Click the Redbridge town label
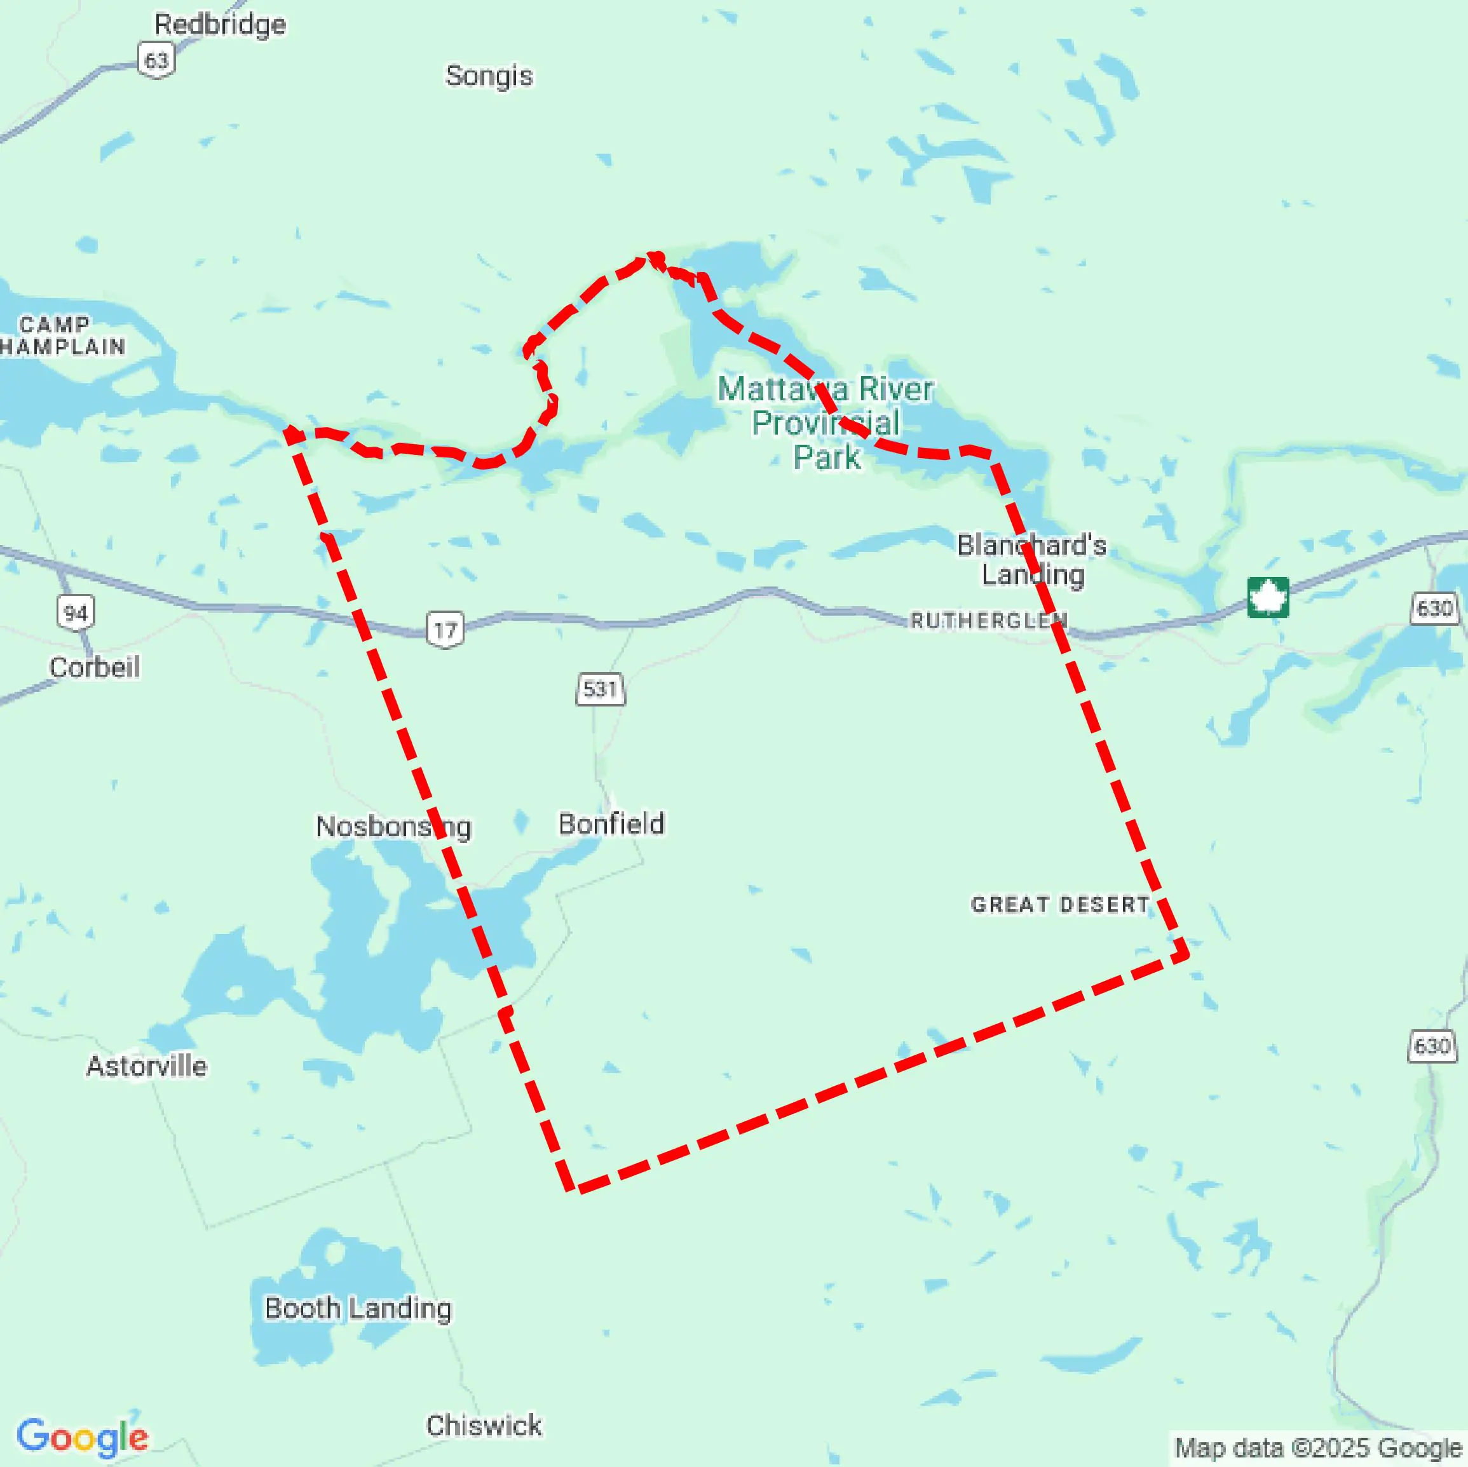221,24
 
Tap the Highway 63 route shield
156,60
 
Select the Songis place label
489,76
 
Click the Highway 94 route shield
75,612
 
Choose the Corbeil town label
95,667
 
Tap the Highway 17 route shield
445,629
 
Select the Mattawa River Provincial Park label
826,423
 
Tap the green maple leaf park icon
1267,597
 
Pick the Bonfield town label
611,823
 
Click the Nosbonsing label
393,827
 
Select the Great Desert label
1060,904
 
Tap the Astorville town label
147,1066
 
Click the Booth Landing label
358,1308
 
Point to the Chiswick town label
484,1425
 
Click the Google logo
82,1437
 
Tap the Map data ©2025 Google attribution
1318,1448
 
